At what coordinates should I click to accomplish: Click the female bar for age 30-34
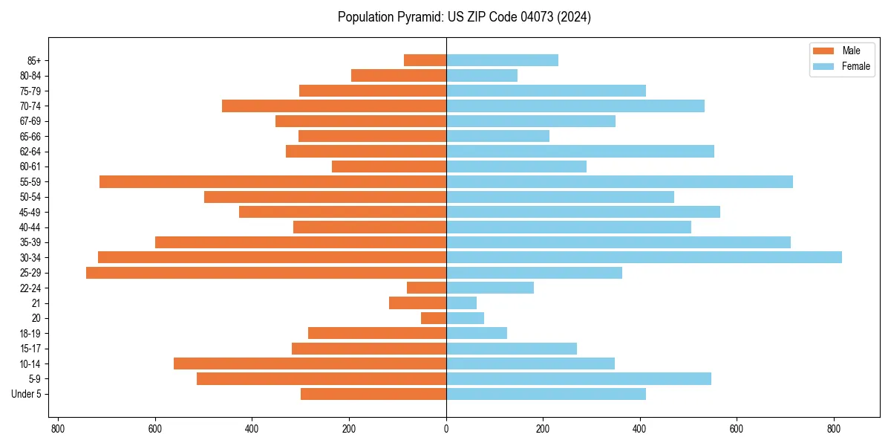(644, 257)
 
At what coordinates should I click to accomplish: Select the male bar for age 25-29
(266, 273)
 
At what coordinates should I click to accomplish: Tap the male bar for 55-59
(272, 181)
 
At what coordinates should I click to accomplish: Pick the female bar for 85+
(502, 60)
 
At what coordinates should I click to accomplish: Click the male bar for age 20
(434, 318)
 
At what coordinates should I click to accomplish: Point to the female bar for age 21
(461, 303)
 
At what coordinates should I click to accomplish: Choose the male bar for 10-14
(310, 363)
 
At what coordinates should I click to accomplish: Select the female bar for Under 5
(546, 394)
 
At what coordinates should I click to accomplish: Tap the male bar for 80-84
(399, 75)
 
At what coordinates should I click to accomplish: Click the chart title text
(464, 17)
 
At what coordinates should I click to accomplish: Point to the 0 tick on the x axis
(446, 429)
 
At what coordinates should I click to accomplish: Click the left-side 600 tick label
(155, 429)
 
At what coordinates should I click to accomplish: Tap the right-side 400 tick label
(640, 429)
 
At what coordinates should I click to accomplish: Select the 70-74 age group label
(30, 106)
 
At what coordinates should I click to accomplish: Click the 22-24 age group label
(30, 288)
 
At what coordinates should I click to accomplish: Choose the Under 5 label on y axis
(26, 394)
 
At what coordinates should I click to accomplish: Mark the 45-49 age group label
(30, 212)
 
